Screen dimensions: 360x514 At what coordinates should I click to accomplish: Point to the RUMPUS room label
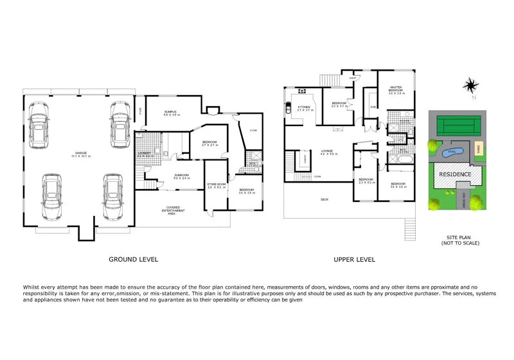click(x=170, y=113)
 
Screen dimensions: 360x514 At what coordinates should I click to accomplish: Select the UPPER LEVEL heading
click(x=354, y=260)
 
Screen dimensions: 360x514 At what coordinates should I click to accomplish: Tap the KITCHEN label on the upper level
click(x=304, y=108)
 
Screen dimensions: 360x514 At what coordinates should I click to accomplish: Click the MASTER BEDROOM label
click(x=394, y=91)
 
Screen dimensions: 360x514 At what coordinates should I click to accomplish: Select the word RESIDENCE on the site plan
click(x=455, y=174)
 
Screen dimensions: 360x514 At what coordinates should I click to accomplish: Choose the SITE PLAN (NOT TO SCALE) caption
click(x=459, y=240)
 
